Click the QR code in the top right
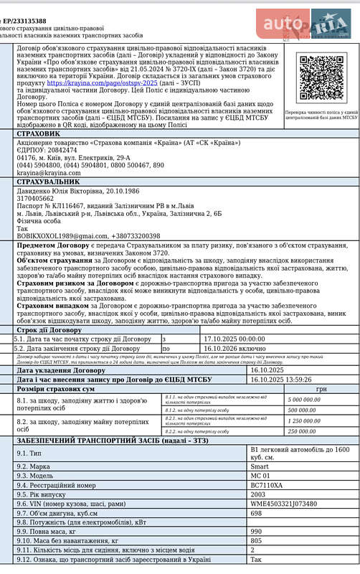coord(321,77)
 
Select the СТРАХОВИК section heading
coord(38,133)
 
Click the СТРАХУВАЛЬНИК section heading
coord(48,182)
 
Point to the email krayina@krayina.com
coord(49,173)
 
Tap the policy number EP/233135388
coord(26,22)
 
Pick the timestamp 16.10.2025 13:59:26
coord(280,380)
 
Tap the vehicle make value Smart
coord(258,466)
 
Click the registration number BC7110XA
coord(266,485)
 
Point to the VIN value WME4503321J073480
coord(283,504)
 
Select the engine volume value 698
coord(255,513)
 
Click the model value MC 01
coord(260,475)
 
